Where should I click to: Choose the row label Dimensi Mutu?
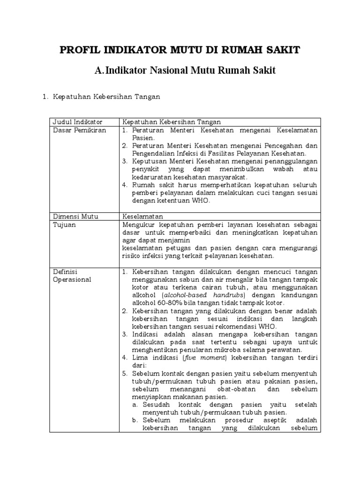point(72,217)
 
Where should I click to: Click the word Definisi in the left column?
point(65,272)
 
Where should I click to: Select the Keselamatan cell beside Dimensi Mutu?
point(142,217)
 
